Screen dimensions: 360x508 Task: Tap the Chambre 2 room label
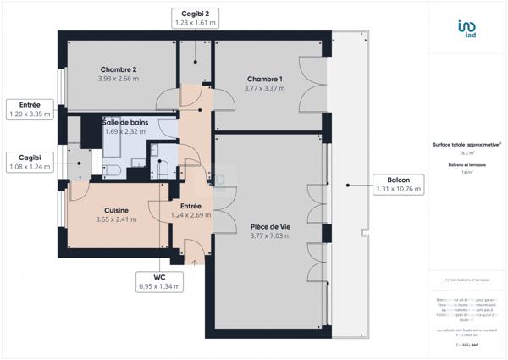pos(119,69)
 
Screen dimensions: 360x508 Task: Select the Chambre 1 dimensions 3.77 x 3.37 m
pos(264,87)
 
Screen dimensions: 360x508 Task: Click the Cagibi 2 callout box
pos(196,19)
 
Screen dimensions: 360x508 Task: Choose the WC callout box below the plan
pos(159,281)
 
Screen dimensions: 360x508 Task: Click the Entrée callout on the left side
pos(29,107)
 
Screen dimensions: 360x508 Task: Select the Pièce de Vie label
pos(270,226)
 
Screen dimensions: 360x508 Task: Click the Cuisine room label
pos(116,210)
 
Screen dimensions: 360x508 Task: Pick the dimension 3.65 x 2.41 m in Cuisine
pos(116,219)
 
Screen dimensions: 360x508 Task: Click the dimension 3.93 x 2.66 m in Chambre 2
pos(119,79)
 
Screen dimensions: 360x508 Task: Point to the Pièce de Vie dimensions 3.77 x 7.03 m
pos(270,235)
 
